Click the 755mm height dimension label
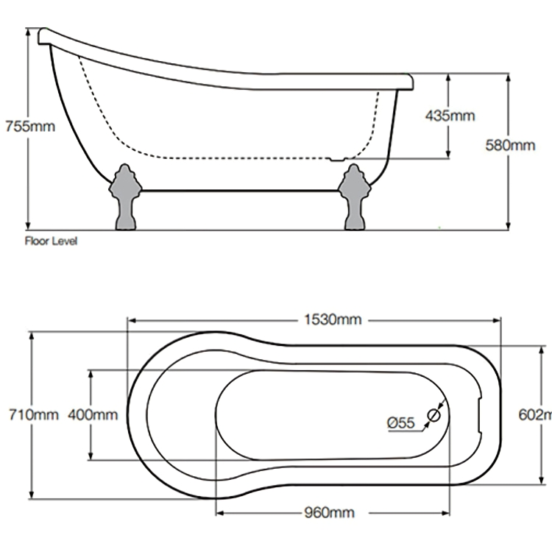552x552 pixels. [x=29, y=125]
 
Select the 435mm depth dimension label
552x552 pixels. [x=450, y=116]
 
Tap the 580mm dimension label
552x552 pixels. [x=510, y=145]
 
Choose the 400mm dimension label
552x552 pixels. [x=92, y=415]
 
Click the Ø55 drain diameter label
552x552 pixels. [x=401, y=422]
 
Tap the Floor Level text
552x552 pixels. [x=51, y=241]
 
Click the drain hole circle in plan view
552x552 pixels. [x=434, y=416]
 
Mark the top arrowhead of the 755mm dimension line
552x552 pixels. [x=29, y=32]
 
